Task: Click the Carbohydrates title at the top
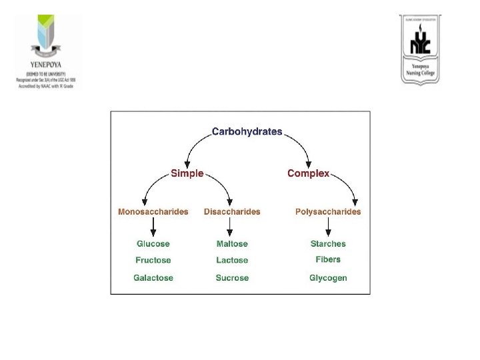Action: tap(247, 131)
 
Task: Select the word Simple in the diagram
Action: tap(187, 173)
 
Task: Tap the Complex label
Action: tap(308, 173)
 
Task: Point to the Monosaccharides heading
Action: tap(153, 212)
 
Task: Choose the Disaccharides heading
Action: tap(232, 212)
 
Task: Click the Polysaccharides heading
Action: tap(328, 212)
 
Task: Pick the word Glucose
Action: tap(153, 244)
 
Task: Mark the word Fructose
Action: tap(153, 260)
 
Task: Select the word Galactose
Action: tap(153, 277)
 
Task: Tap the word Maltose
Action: tap(232, 244)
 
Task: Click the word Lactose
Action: tap(232, 260)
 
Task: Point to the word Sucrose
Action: tap(232, 277)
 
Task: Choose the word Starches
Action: tap(328, 244)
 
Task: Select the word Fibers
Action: tap(328, 259)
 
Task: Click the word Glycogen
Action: tap(328, 277)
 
